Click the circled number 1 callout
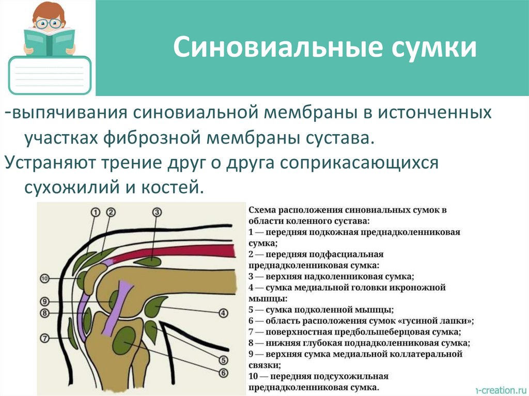(95, 212)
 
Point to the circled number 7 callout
(44, 339)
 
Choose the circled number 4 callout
(223, 313)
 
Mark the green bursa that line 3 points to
(149, 262)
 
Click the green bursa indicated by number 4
(153, 309)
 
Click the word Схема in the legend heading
(262, 211)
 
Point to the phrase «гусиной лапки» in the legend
(438, 321)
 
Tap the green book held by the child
(50, 42)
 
